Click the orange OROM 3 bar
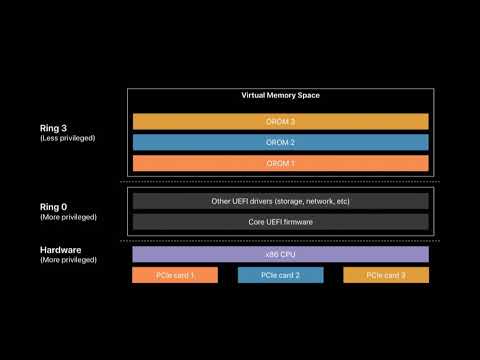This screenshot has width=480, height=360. [x=280, y=121]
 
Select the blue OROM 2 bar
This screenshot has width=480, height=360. [x=280, y=142]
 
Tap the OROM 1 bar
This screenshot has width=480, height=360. [x=280, y=163]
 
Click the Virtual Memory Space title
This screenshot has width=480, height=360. [x=280, y=95]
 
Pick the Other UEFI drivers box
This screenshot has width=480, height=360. [x=280, y=201]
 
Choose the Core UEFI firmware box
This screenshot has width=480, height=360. [x=280, y=221]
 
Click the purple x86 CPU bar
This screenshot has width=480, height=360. [x=280, y=254]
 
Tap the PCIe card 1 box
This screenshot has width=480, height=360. [x=173, y=275]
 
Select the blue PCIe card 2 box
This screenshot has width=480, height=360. [x=280, y=275]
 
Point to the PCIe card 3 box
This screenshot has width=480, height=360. [x=386, y=275]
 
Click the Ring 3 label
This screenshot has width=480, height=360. [x=54, y=127]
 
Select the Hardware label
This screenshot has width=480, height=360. [x=61, y=249]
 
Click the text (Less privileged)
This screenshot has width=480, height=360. [x=68, y=138]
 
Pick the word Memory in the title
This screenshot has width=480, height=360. [x=282, y=95]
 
